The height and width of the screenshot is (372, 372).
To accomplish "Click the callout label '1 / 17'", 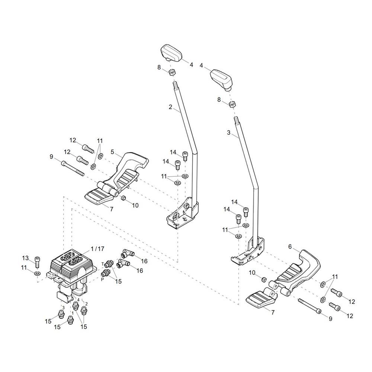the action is click(97, 249).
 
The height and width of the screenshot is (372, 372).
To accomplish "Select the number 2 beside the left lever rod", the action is click(170, 107).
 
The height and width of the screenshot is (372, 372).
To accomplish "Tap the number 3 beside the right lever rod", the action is click(228, 132).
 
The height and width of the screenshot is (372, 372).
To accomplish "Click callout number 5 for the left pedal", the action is click(112, 151).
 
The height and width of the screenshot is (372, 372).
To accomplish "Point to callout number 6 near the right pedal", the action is click(290, 247).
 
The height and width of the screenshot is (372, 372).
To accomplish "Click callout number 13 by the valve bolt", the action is click(25, 258).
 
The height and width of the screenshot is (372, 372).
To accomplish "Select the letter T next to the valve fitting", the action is click(103, 264).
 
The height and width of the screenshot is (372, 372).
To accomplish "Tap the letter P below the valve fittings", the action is click(103, 279).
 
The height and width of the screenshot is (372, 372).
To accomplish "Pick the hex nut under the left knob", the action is click(172, 72).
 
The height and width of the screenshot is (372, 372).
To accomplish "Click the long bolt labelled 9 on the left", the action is click(73, 168).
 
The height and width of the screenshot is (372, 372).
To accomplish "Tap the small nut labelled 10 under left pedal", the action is click(123, 198).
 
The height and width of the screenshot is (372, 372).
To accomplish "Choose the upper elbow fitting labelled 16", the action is click(127, 254).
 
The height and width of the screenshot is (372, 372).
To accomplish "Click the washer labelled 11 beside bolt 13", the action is click(37, 273).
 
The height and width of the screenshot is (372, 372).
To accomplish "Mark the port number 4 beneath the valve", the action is click(78, 299).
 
